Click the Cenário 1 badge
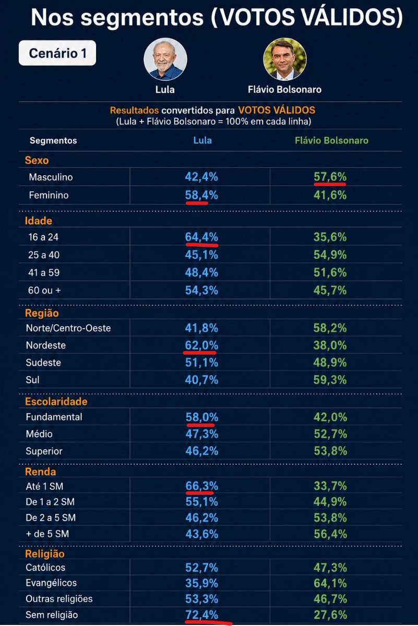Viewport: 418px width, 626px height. pyautogui.click(x=57, y=53)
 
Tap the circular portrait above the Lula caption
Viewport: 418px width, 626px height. pyautogui.click(x=165, y=59)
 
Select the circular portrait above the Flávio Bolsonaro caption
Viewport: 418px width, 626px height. pyautogui.click(x=284, y=59)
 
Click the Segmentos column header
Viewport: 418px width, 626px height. pyautogui.click(x=53, y=140)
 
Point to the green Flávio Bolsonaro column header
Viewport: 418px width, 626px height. pyautogui.click(x=331, y=140)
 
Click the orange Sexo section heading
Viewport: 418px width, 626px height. pyautogui.click(x=37, y=161)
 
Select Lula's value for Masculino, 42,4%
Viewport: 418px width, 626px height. pyautogui.click(x=201, y=177)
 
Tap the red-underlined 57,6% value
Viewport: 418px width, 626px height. pyautogui.click(x=330, y=177)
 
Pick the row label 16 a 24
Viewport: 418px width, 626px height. pyautogui.click(x=43, y=237)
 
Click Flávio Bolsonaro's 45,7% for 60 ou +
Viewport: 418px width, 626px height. pyautogui.click(x=330, y=290)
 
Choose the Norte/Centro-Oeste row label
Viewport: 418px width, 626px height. pyautogui.click(x=68, y=328)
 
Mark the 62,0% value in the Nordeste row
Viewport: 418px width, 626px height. pyautogui.click(x=201, y=345)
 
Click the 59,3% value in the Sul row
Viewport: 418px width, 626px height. pyautogui.click(x=330, y=380)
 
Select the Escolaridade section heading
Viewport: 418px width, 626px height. pyautogui.click(x=56, y=401)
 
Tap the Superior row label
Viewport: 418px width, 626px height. pyautogui.click(x=44, y=451)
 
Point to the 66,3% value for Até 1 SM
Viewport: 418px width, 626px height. pyautogui.click(x=201, y=486)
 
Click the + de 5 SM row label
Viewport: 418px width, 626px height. pyautogui.click(x=47, y=534)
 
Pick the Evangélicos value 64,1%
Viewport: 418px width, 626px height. pyautogui.click(x=330, y=583)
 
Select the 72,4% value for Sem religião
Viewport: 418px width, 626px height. pyautogui.click(x=201, y=615)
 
